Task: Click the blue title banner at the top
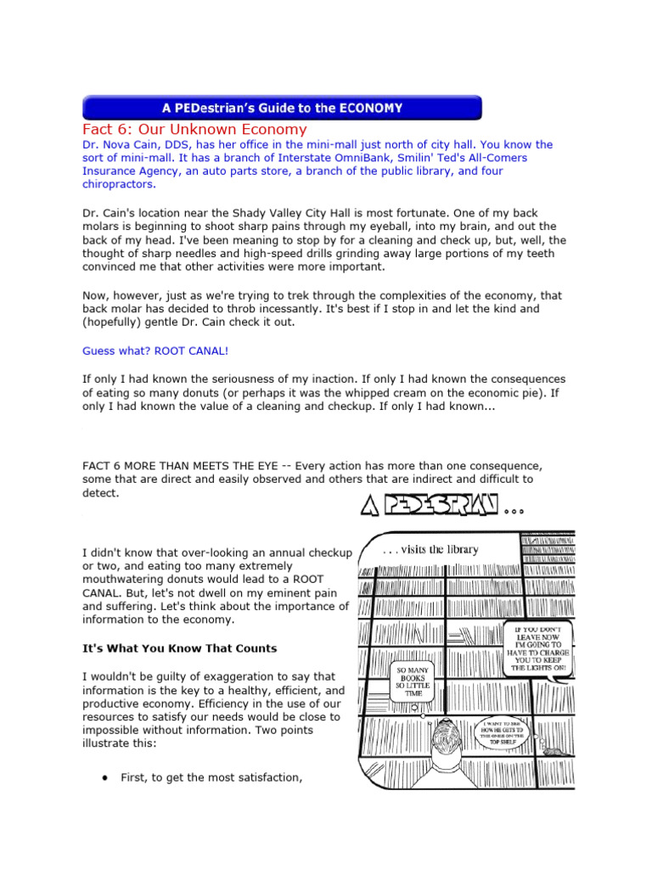pos(281,108)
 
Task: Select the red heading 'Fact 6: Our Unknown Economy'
pos(194,129)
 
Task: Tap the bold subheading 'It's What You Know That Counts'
pos(179,648)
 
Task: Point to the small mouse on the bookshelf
pos(553,751)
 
